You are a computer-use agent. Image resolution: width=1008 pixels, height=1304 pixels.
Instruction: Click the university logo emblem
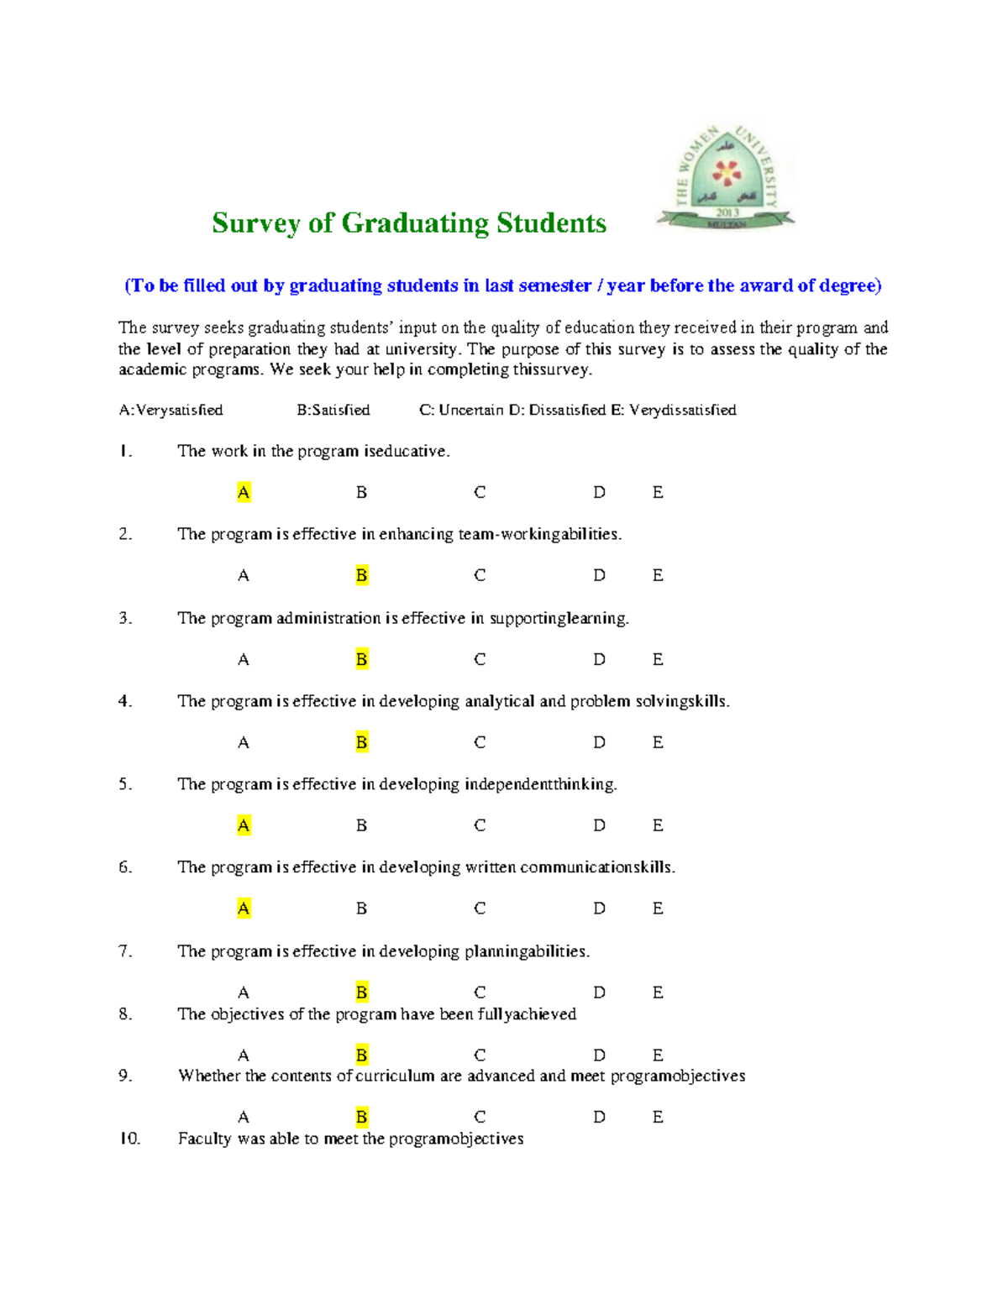pyautogui.click(x=726, y=176)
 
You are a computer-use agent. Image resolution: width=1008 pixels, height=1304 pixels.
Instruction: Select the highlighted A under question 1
pyautogui.click(x=244, y=492)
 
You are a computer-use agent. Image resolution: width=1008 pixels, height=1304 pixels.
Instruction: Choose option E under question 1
pyautogui.click(x=658, y=492)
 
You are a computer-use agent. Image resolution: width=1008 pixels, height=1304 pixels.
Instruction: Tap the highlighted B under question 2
pyautogui.click(x=361, y=575)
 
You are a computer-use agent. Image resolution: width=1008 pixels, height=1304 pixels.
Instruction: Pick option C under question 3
pyautogui.click(x=480, y=659)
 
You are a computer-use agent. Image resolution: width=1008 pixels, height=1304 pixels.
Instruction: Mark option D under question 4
pyautogui.click(x=599, y=742)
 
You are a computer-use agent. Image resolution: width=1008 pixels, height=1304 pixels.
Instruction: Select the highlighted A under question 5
pyautogui.click(x=244, y=825)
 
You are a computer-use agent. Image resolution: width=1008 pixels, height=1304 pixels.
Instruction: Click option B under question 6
pyautogui.click(x=361, y=909)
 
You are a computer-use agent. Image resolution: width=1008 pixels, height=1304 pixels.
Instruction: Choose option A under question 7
pyautogui.click(x=244, y=992)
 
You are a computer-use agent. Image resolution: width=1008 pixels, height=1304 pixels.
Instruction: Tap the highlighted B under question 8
pyautogui.click(x=361, y=1055)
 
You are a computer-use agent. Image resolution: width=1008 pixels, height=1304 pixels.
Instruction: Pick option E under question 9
pyautogui.click(x=658, y=1117)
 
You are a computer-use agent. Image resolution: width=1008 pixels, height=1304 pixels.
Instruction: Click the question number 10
pyautogui.click(x=129, y=1139)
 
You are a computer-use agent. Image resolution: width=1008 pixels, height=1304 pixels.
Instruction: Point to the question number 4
pyautogui.click(x=125, y=701)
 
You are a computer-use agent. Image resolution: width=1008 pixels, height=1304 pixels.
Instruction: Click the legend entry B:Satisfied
pyautogui.click(x=333, y=410)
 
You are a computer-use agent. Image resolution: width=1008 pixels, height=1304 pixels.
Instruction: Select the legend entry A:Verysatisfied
pyautogui.click(x=171, y=410)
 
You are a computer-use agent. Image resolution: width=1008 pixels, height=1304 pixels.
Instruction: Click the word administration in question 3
pyautogui.click(x=328, y=618)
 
